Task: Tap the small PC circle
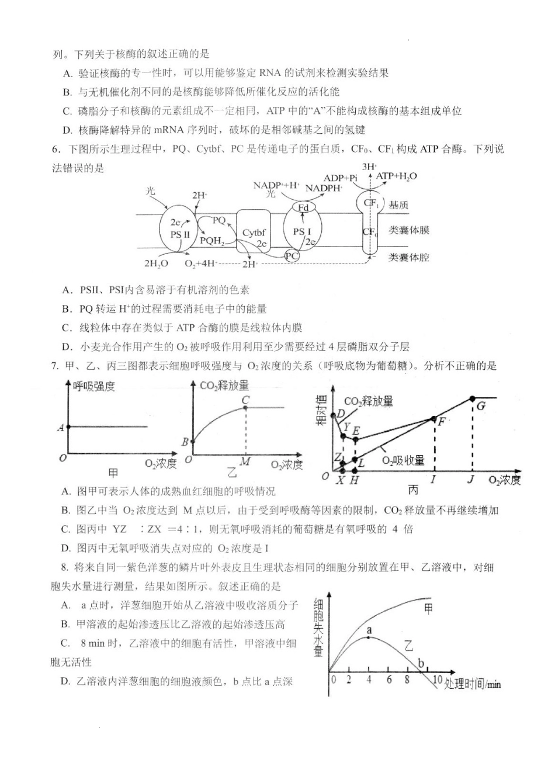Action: click(292, 256)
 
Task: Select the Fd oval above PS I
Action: click(303, 207)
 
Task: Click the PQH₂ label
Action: click(212, 240)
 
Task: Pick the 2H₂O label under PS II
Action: click(157, 263)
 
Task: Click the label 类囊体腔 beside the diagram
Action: click(409, 257)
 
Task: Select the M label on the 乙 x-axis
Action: click(245, 462)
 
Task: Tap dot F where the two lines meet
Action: click(433, 418)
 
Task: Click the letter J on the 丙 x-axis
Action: click(471, 480)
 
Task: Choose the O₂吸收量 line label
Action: click(403, 460)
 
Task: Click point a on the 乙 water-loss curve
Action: click(369, 637)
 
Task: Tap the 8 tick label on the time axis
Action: click(407, 679)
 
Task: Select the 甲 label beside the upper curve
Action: click(428, 609)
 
